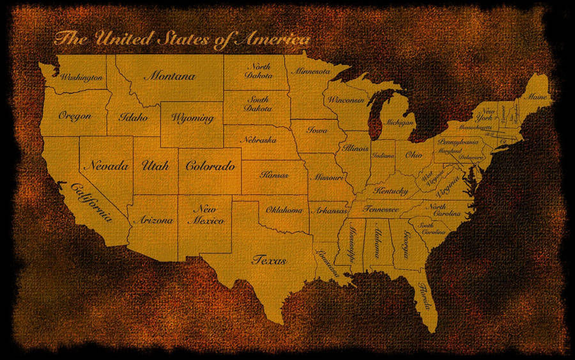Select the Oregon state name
point(74,116)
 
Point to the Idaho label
point(133,118)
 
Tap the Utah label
point(155,166)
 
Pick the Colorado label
point(210,166)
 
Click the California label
point(92,200)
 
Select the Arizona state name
point(153,220)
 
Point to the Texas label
point(269,260)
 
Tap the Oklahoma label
point(284,210)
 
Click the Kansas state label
point(274,174)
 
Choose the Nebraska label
point(258,139)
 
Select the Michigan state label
point(399,121)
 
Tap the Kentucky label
point(391,191)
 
